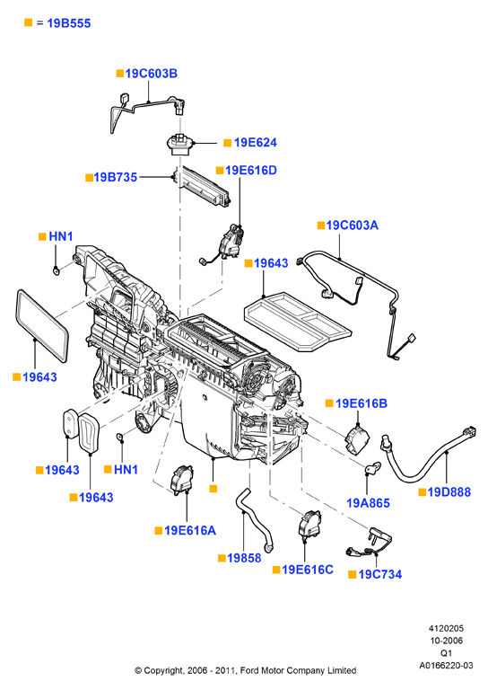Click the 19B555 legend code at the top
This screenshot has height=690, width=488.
point(68,23)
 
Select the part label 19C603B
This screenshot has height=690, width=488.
point(151,74)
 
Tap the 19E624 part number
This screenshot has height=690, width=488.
point(255,143)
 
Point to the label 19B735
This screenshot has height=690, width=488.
point(116,177)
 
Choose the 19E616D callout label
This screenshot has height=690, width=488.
point(251,171)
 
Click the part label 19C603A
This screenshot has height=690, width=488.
point(352,226)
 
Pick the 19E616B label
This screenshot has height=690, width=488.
point(361,403)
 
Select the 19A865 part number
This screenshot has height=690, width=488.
point(368,503)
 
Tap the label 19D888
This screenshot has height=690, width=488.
point(449,492)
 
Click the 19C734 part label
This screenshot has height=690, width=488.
point(380,575)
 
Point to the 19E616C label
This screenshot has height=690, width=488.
point(308,570)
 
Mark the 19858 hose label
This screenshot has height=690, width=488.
point(244,559)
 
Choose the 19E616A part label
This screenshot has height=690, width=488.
point(190,531)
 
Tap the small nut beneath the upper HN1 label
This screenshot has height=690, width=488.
point(56,270)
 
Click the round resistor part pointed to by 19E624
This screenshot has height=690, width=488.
point(179,144)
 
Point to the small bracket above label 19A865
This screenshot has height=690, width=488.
point(373,468)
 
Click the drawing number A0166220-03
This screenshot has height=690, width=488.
point(446,666)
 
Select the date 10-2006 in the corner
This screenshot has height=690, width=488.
point(446,641)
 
